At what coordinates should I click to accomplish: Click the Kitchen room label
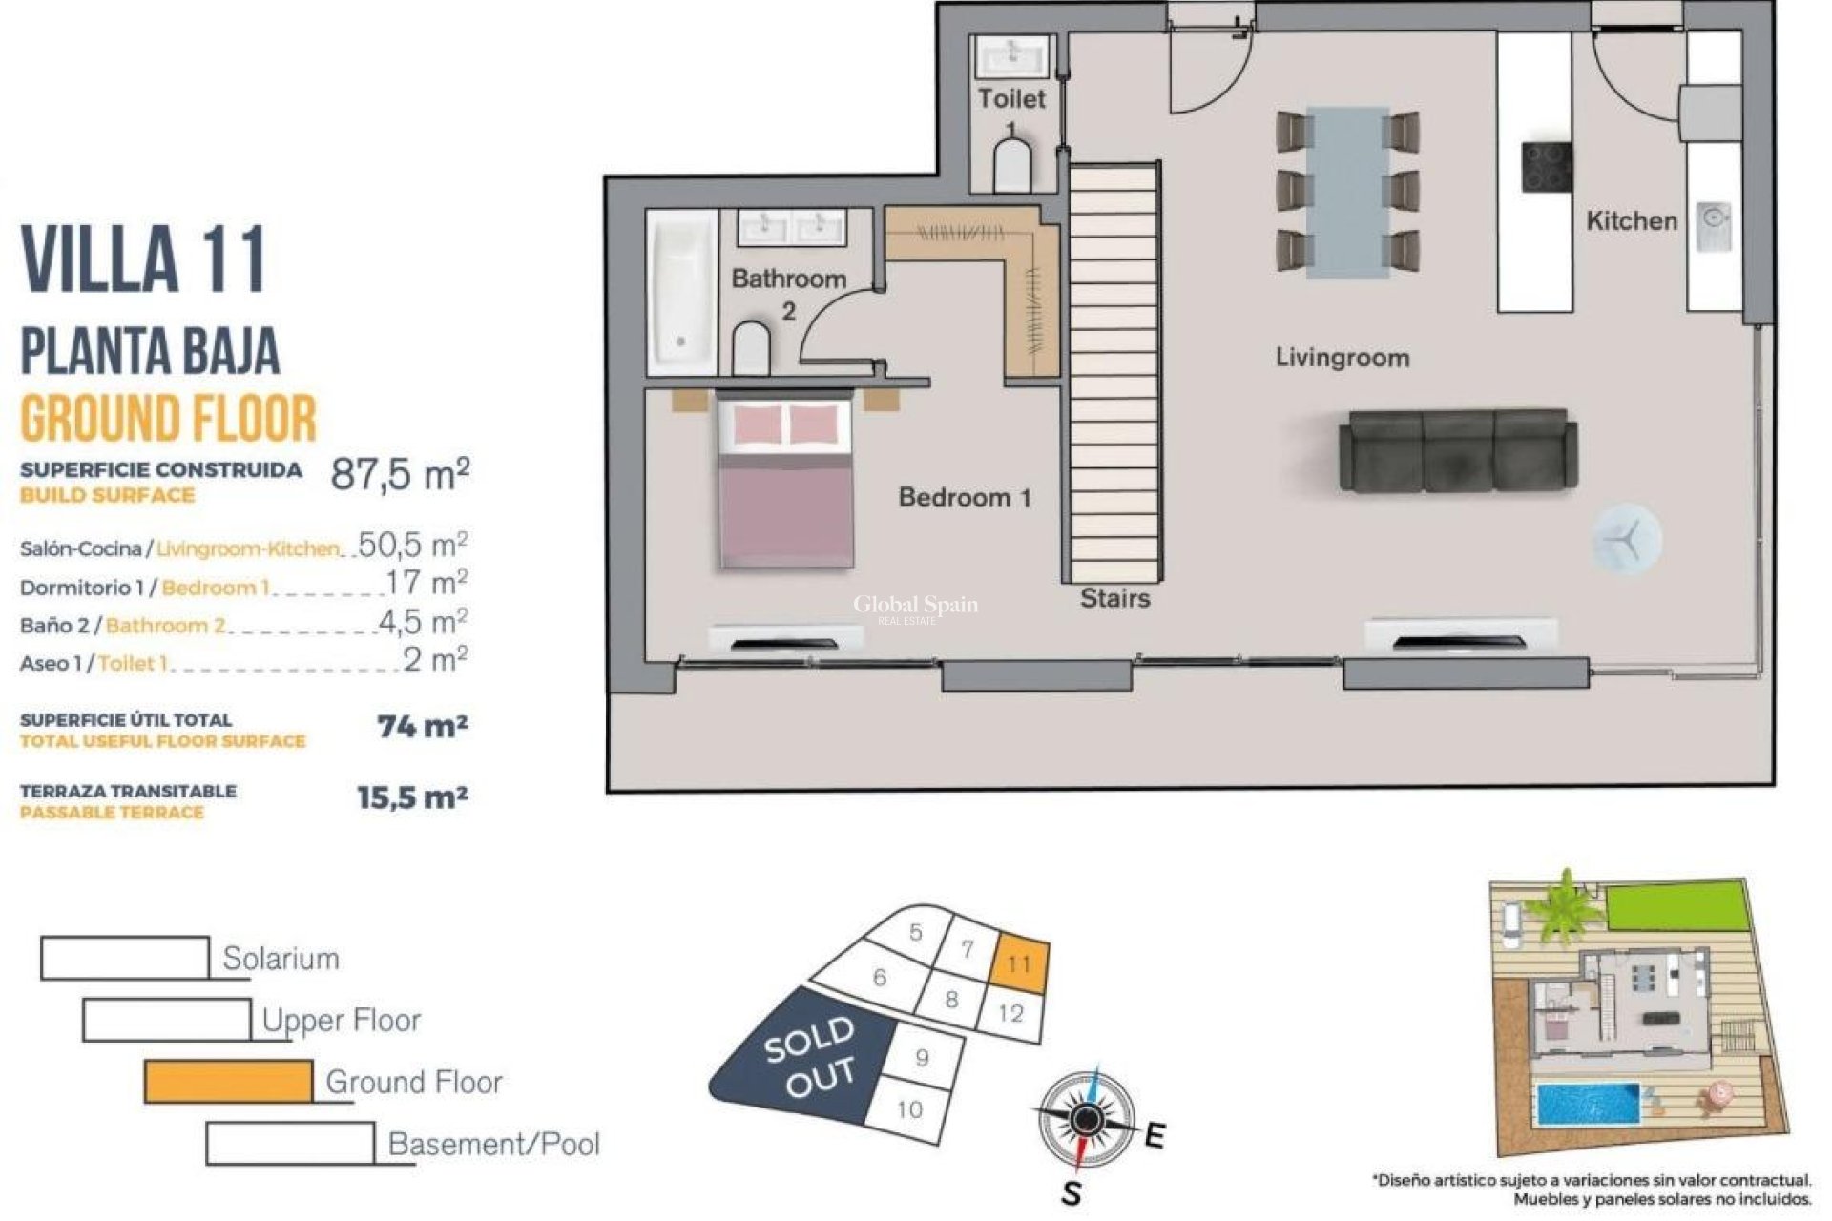[1631, 221]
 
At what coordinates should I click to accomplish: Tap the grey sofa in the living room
[1457, 451]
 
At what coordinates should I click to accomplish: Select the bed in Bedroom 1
[785, 483]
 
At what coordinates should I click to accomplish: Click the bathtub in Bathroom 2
[682, 292]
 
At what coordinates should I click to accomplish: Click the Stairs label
[1114, 599]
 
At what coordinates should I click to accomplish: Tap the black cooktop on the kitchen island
[1546, 167]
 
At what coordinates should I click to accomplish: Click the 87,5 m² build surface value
[400, 474]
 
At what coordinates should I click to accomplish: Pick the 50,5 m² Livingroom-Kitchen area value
[412, 546]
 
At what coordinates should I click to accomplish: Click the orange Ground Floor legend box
[228, 1082]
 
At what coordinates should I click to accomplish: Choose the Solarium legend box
[125, 958]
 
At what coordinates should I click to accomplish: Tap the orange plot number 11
[1019, 963]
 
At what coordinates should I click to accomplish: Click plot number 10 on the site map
[909, 1109]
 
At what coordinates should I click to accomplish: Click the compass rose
[1085, 1120]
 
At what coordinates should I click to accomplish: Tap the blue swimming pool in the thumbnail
[1585, 1105]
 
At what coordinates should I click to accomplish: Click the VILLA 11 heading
[143, 259]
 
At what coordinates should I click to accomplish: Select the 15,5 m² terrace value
[412, 797]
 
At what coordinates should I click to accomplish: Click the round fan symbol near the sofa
[1626, 539]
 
